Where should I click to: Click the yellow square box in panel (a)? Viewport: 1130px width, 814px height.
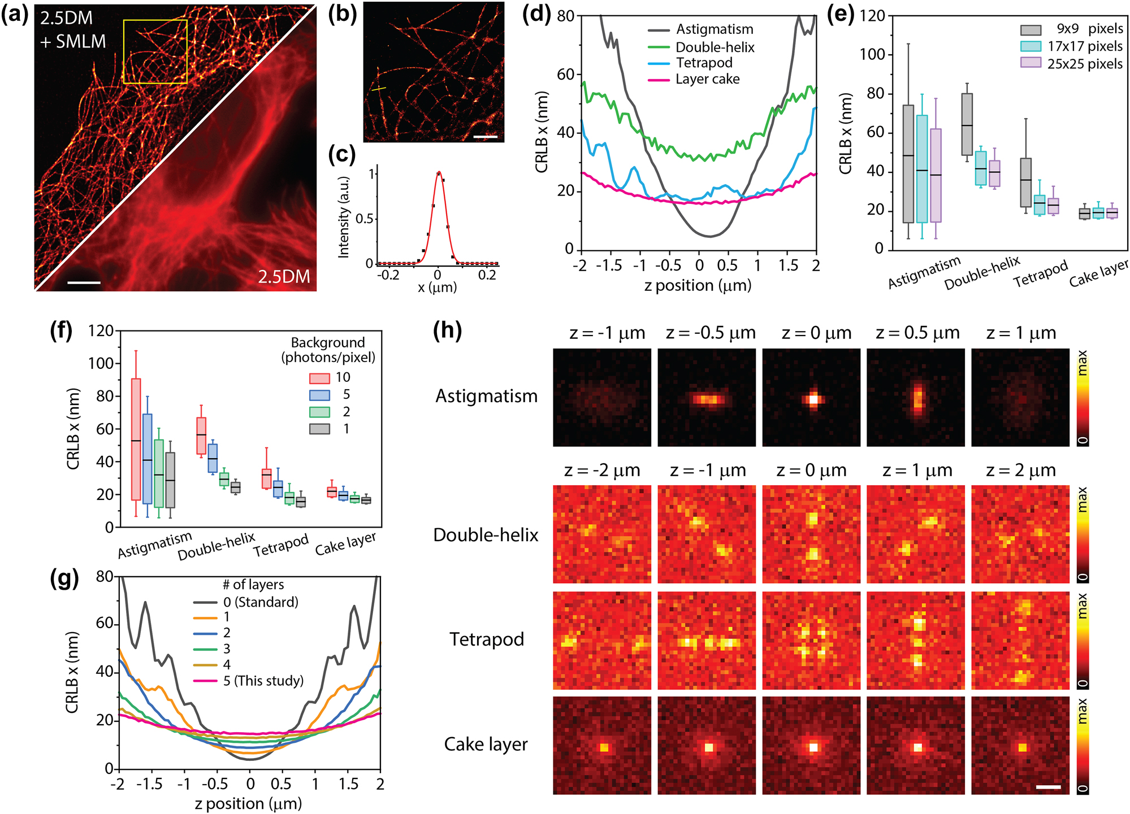155,52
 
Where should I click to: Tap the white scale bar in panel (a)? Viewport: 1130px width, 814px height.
84,282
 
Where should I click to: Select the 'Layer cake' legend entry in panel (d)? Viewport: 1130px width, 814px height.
707,79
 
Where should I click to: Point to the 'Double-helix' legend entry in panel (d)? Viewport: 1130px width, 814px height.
715,47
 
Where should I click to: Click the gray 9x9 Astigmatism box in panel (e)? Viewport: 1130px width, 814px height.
908,164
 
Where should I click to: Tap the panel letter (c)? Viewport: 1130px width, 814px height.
341,154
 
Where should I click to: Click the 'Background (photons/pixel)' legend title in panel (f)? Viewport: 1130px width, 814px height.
328,350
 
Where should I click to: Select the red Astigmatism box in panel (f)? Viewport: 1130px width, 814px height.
136,439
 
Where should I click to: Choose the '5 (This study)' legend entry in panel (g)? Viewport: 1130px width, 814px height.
263,681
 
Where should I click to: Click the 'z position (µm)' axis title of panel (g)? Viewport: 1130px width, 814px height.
248,803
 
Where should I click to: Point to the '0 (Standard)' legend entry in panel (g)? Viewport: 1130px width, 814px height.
260,602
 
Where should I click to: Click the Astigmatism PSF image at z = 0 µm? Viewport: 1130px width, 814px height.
811,398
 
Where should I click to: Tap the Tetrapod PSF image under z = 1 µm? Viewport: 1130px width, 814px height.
916,641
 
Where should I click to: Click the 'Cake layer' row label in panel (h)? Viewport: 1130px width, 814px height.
486,745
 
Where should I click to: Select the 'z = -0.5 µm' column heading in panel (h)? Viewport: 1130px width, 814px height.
711,333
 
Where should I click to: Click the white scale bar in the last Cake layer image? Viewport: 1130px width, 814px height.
1048,786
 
